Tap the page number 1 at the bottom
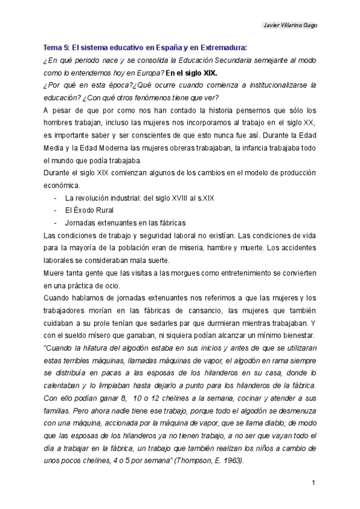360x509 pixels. (x=313, y=483)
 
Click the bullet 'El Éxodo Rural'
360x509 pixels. (x=89, y=210)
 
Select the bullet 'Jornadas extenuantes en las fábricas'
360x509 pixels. (x=125, y=222)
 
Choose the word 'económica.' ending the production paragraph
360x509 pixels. (x=61, y=185)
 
